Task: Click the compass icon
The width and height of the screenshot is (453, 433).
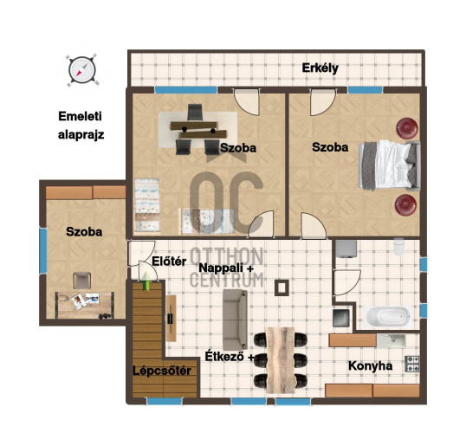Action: coord(82,70)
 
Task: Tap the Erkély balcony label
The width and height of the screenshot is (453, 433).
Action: coord(320,68)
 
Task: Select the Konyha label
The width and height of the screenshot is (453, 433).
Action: coord(371,366)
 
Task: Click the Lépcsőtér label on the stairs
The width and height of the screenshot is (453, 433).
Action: coord(162,371)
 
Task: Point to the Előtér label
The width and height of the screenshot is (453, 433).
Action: coord(169,262)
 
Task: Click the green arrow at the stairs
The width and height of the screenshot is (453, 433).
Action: coord(146,281)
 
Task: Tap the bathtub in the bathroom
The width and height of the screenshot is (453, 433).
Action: coord(388,317)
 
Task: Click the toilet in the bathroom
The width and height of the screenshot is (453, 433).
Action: coord(399,247)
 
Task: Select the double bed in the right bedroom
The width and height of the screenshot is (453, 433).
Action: coord(389,165)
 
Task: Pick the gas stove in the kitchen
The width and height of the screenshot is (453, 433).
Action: coord(412,364)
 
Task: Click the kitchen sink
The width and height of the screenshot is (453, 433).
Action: coord(392,340)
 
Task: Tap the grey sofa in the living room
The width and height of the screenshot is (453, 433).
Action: coord(236,320)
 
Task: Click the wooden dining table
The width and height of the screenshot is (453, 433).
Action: coord(281,360)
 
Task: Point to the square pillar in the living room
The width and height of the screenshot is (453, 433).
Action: coord(282,288)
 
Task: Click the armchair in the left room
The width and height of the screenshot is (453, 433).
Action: coord(82,281)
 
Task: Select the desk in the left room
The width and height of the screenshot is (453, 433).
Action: coord(84,305)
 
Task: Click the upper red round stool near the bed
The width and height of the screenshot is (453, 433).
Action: coord(407,128)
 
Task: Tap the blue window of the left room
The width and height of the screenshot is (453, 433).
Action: coord(43,250)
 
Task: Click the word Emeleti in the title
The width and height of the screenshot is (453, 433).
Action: coord(80,116)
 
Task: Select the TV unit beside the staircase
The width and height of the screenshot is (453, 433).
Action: coord(171,318)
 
